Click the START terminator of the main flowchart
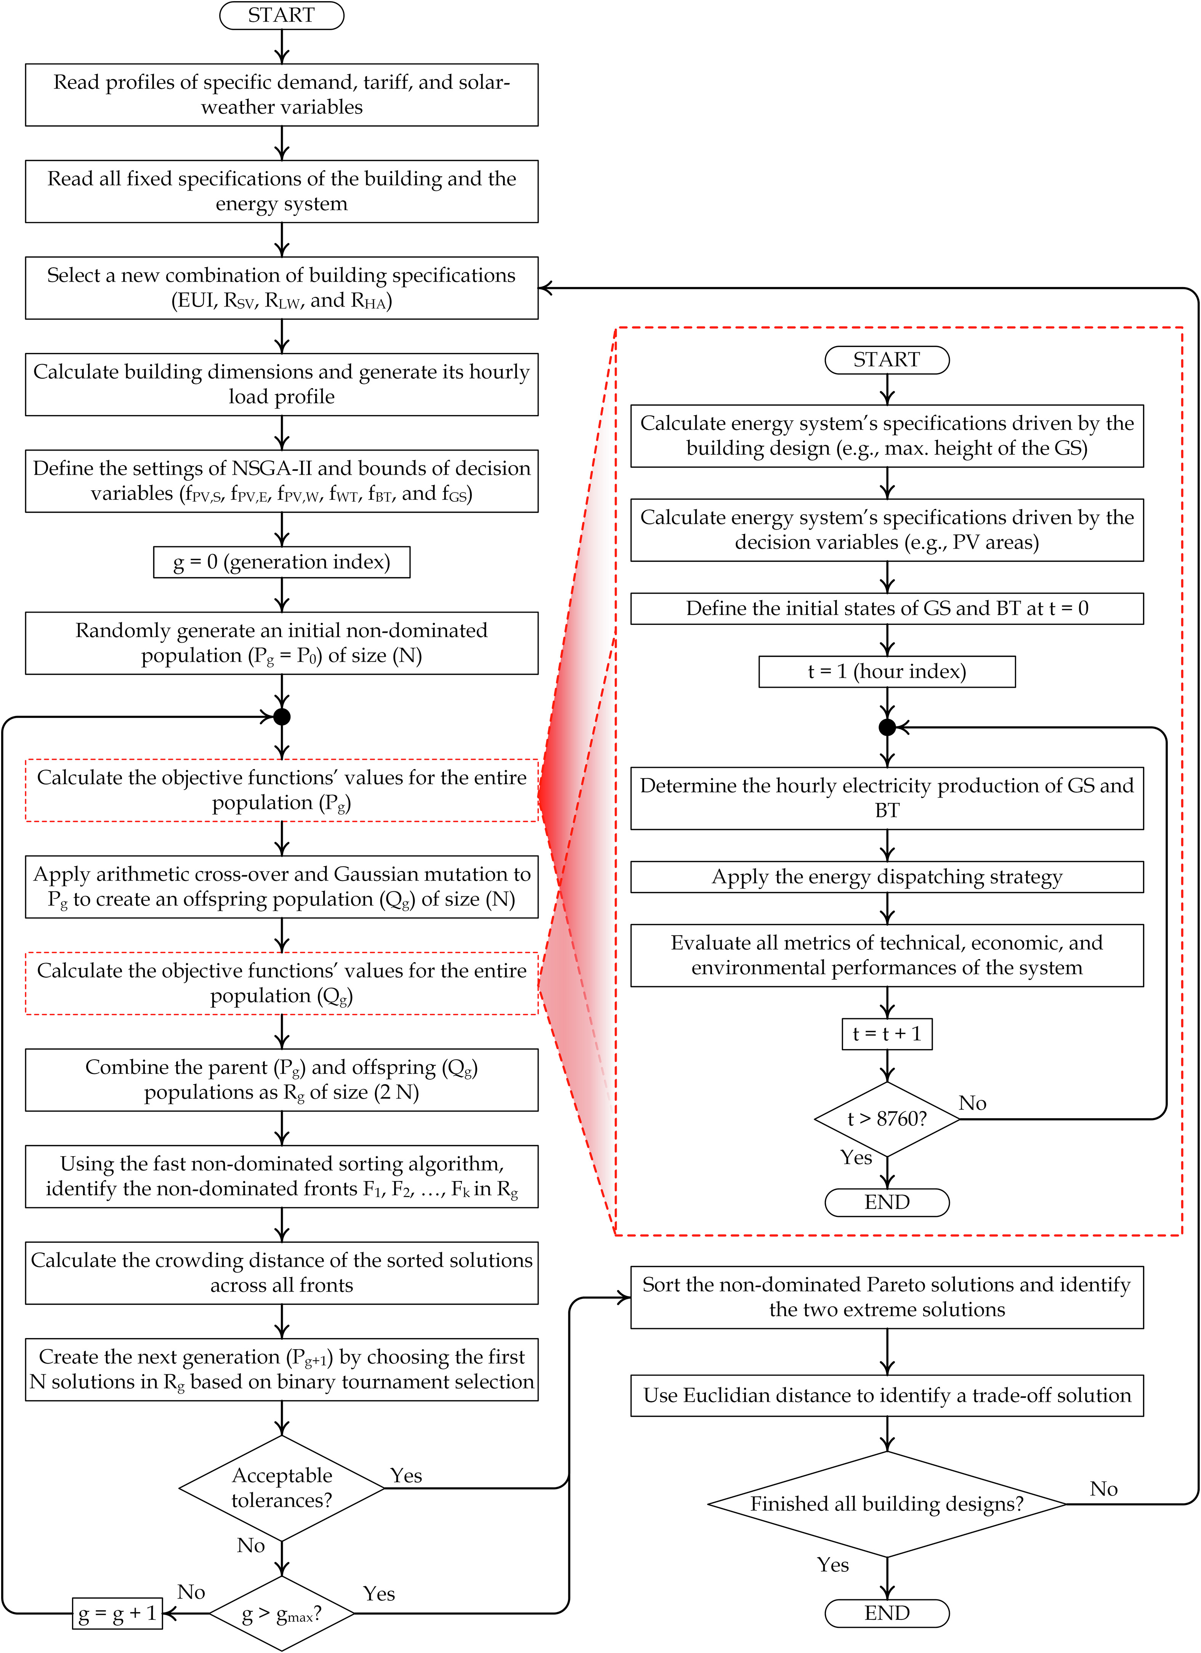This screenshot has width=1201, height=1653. [281, 15]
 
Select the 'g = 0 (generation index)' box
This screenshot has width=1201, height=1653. [281, 562]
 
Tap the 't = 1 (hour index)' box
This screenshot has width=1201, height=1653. [887, 671]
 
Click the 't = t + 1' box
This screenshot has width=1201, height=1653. [887, 1034]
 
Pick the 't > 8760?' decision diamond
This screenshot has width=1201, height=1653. [887, 1119]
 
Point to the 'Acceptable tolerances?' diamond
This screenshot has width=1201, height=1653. [281, 1488]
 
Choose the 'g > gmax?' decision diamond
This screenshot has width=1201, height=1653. [281, 1614]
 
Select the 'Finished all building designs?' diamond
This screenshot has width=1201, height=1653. [887, 1504]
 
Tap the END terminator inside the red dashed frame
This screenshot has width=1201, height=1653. [887, 1202]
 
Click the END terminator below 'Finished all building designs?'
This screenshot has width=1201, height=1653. [887, 1613]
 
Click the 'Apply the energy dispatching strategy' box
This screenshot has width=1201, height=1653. [887, 877]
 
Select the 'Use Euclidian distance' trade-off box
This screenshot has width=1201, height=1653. [887, 1395]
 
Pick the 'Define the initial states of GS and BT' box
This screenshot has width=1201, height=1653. [887, 608]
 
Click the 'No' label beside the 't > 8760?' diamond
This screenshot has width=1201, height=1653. [972, 1103]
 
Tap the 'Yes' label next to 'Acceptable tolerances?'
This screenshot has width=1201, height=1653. [406, 1475]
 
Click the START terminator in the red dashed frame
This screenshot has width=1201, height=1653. [887, 360]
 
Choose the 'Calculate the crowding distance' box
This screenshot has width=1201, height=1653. [281, 1273]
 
